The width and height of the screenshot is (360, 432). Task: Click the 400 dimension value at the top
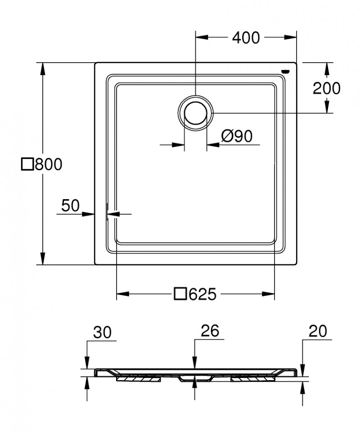point(246,39)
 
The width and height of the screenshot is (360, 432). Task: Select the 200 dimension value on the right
point(326,88)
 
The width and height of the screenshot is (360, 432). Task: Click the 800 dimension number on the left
point(48,164)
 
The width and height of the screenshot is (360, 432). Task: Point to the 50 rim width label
point(70,205)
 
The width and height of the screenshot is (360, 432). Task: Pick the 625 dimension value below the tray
point(202,295)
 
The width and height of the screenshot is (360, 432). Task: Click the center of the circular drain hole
point(196,113)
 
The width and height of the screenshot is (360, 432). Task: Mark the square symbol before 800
point(27,164)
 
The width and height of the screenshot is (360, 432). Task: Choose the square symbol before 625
point(180,295)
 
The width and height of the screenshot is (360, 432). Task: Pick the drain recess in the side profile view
point(194,377)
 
